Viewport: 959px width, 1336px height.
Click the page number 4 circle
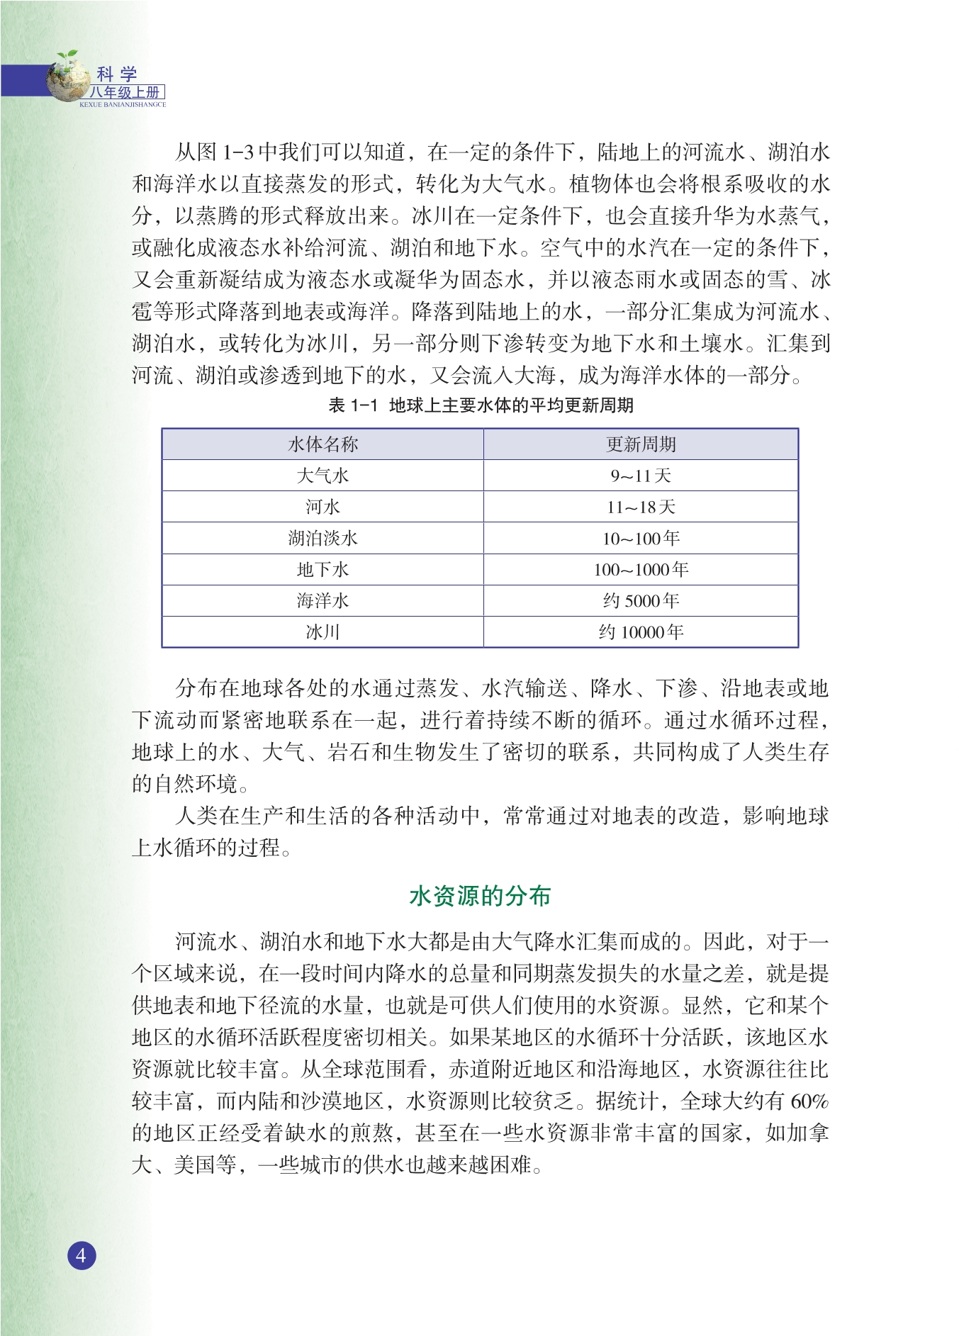pos(82,1255)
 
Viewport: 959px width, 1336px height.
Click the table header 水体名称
pos(323,444)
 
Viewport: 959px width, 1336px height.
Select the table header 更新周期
pos(641,444)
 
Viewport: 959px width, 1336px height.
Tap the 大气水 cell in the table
pos(323,476)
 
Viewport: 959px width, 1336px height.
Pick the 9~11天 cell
pos(641,476)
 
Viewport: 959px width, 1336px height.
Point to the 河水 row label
pos(323,507)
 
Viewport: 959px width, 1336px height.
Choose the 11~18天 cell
pos(641,507)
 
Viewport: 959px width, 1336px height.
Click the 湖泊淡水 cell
pos(323,538)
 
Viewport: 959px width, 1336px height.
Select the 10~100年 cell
pos(641,538)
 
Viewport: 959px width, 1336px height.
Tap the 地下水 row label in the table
pos(323,569)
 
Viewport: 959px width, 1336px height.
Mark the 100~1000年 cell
pos(641,569)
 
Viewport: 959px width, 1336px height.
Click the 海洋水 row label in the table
pos(323,600)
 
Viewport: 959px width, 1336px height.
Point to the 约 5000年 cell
pos(641,600)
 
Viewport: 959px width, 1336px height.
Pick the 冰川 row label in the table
pos(323,631)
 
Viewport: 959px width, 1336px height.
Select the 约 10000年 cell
pos(641,631)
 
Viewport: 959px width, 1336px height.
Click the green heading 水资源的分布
pos(480,896)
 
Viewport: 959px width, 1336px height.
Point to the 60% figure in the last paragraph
pos(809,1101)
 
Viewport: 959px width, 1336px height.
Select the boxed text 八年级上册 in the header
pos(126,92)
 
